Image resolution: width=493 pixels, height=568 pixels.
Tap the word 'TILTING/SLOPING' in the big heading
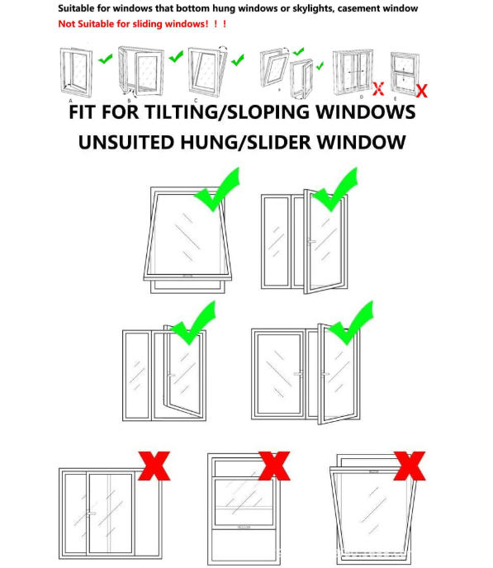click(228, 112)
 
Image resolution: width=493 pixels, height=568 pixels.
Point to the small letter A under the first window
click(71, 101)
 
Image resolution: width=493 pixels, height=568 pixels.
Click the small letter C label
click(196, 101)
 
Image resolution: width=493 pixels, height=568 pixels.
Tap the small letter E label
click(396, 98)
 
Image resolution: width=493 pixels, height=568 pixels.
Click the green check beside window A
click(106, 59)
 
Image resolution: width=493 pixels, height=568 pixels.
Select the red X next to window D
click(378, 89)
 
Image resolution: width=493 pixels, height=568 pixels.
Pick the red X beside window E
click(422, 91)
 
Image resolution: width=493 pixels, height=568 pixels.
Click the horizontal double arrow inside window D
click(355, 72)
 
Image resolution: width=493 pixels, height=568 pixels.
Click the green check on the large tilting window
click(217, 190)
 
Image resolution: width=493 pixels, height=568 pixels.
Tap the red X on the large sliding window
click(154, 466)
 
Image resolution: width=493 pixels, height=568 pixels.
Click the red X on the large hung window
click(274, 466)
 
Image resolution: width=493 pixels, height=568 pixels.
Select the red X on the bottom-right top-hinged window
click(410, 466)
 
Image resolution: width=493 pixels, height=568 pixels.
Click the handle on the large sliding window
click(91, 514)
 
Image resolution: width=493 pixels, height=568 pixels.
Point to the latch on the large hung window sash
click(244, 527)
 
